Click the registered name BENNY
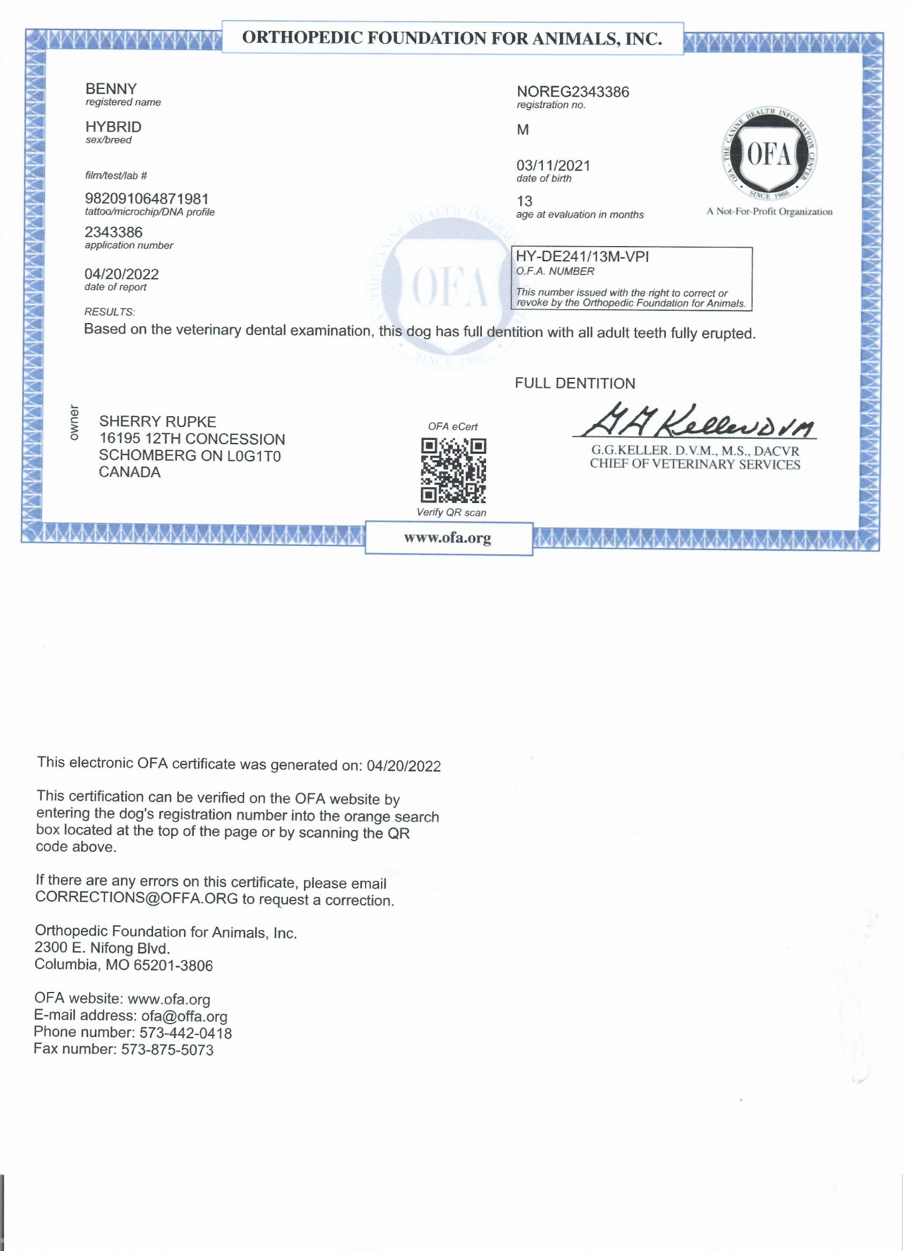pos(111,89)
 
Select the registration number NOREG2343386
pos(573,91)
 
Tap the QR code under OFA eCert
pos(453,470)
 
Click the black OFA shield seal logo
pos(770,156)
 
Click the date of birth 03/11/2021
pos(553,165)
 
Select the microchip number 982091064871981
pos(146,199)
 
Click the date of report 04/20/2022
pos(122,274)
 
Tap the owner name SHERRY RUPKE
pos(157,422)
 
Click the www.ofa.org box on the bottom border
pos(448,538)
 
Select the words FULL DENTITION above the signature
pos(575,383)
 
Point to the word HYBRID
pos(113,127)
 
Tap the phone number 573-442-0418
pos(185,1033)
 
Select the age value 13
pos(524,201)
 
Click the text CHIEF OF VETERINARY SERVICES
pos(695,464)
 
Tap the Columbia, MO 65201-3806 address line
pos(124,965)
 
